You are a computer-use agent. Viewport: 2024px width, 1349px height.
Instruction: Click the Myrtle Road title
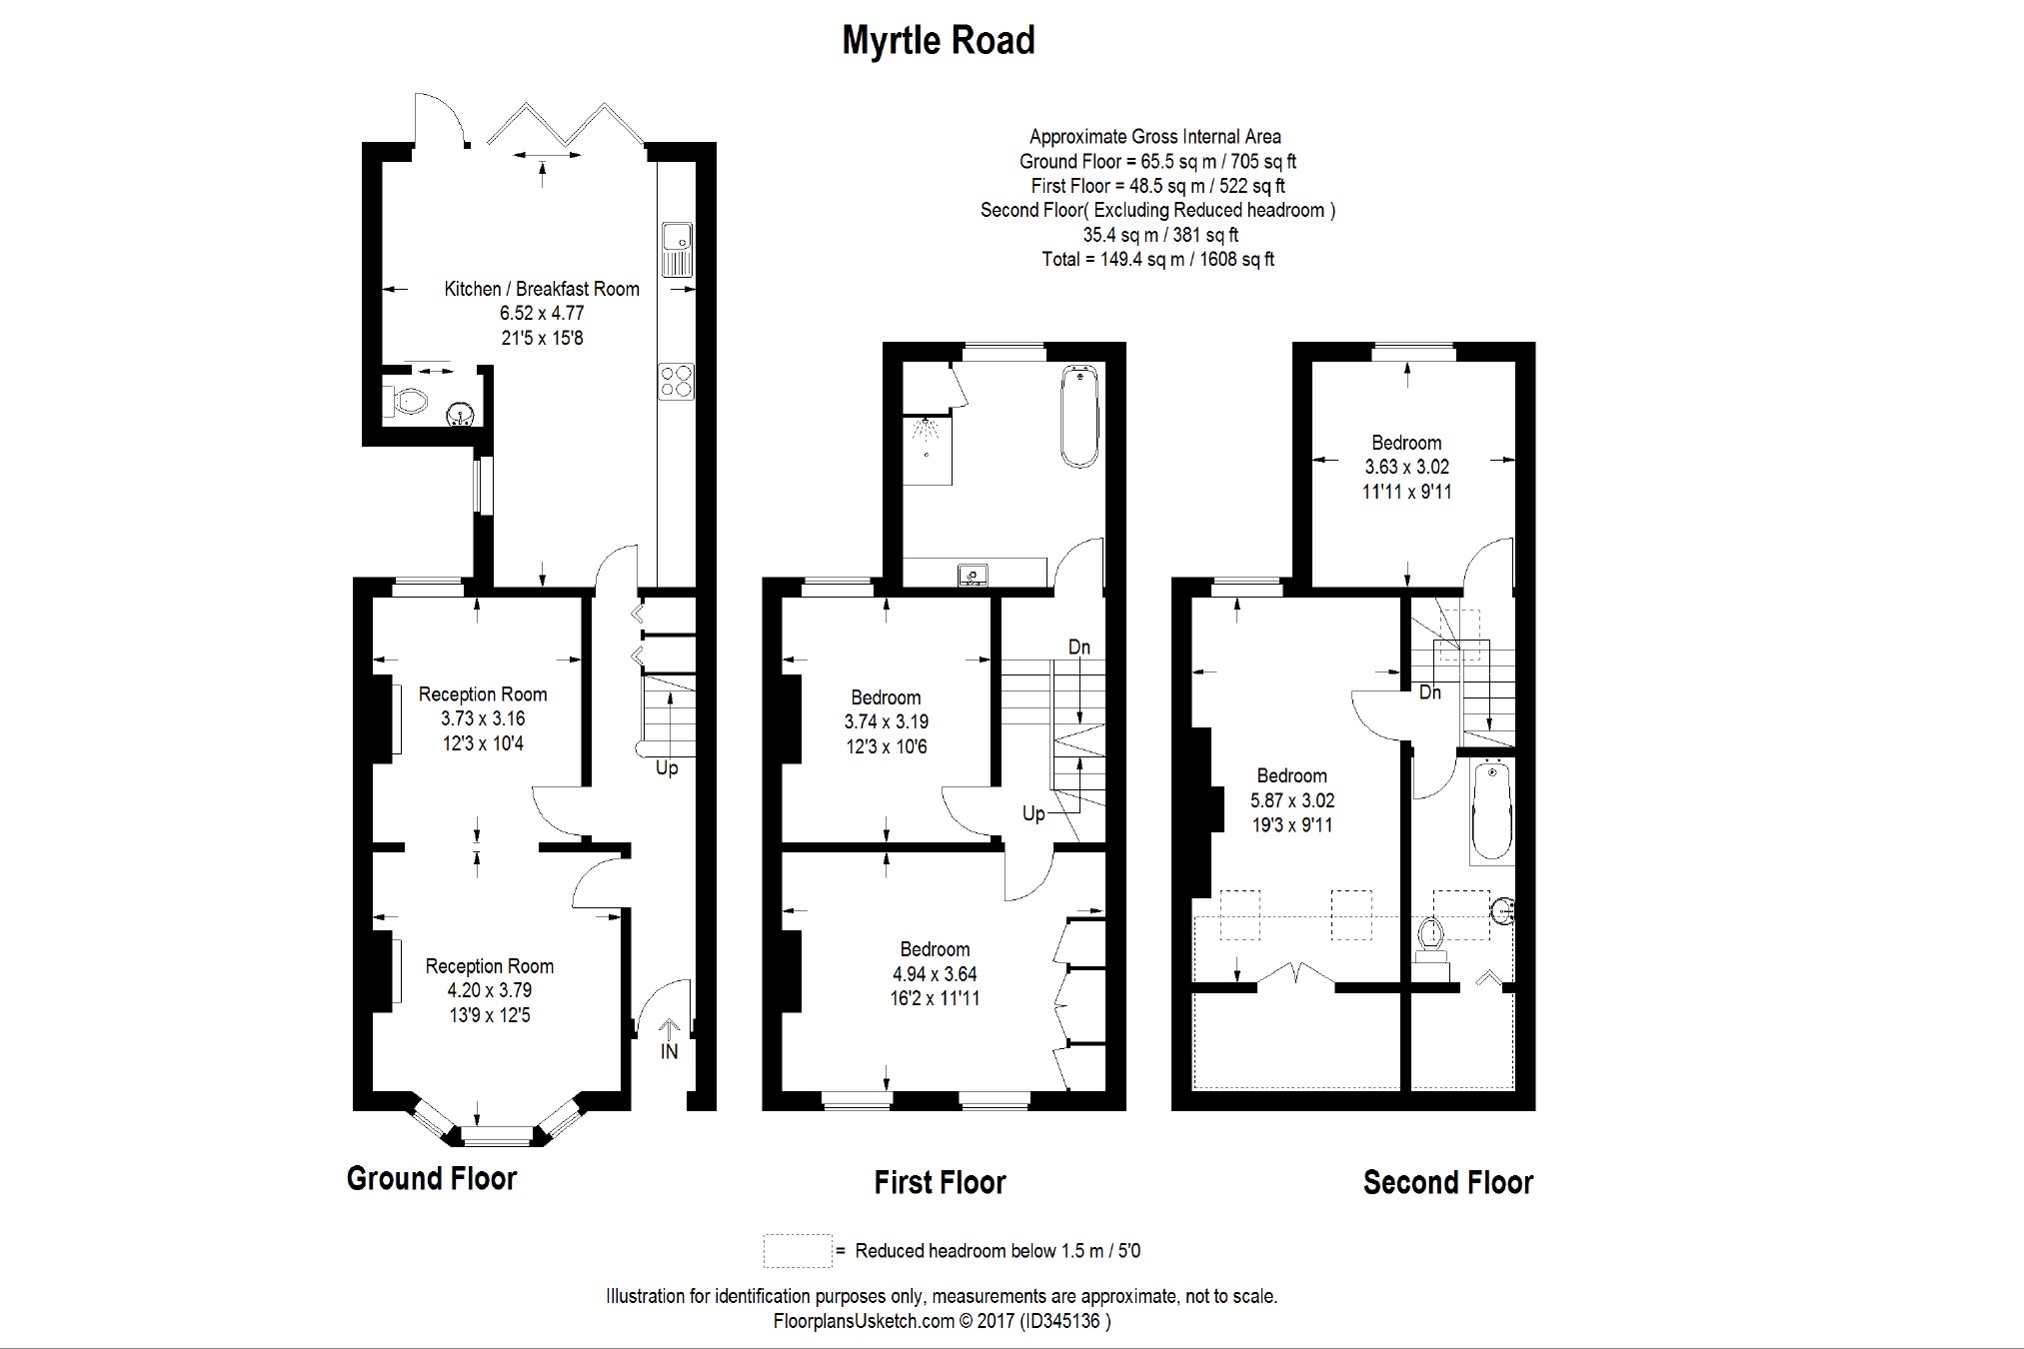pyautogui.click(x=939, y=41)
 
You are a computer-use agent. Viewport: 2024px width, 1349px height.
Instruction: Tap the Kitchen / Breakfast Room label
pyautogui.click(x=542, y=289)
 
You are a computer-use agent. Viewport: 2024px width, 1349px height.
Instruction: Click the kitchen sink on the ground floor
pyautogui.click(x=677, y=250)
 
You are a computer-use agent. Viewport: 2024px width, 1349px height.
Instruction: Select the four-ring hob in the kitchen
pyautogui.click(x=676, y=382)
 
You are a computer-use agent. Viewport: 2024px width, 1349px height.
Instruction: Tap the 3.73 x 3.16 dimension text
pyautogui.click(x=483, y=718)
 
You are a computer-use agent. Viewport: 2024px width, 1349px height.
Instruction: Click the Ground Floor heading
pyautogui.click(x=432, y=1178)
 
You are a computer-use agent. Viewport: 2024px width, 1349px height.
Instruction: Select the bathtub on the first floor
pyautogui.click(x=1079, y=417)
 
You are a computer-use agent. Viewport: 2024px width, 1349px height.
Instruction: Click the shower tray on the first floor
pyautogui.click(x=928, y=450)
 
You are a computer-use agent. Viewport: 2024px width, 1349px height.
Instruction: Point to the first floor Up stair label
pyautogui.click(x=1033, y=814)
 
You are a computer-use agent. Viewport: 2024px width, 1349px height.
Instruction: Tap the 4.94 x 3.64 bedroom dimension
pyautogui.click(x=935, y=974)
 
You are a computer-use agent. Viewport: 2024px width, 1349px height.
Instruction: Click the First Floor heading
pyautogui.click(x=940, y=1183)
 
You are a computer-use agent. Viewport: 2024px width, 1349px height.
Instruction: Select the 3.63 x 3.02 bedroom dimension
pyautogui.click(x=1406, y=467)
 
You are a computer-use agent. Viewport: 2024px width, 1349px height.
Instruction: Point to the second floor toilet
pyautogui.click(x=1431, y=941)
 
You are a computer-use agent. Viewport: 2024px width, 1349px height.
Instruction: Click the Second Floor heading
pyautogui.click(x=1448, y=1183)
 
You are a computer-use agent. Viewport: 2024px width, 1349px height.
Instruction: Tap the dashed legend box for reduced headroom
pyautogui.click(x=798, y=1251)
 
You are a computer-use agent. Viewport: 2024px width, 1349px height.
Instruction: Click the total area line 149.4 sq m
pyautogui.click(x=1158, y=260)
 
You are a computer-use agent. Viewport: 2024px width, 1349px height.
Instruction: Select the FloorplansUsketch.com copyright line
pyautogui.click(x=942, y=1321)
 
